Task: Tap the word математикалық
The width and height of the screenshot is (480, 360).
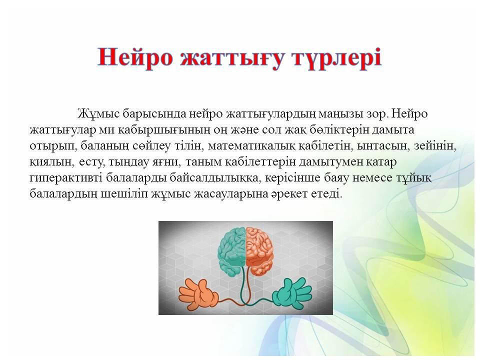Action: [x=251, y=146]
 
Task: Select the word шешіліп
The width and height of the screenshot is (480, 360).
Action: [x=124, y=194]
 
